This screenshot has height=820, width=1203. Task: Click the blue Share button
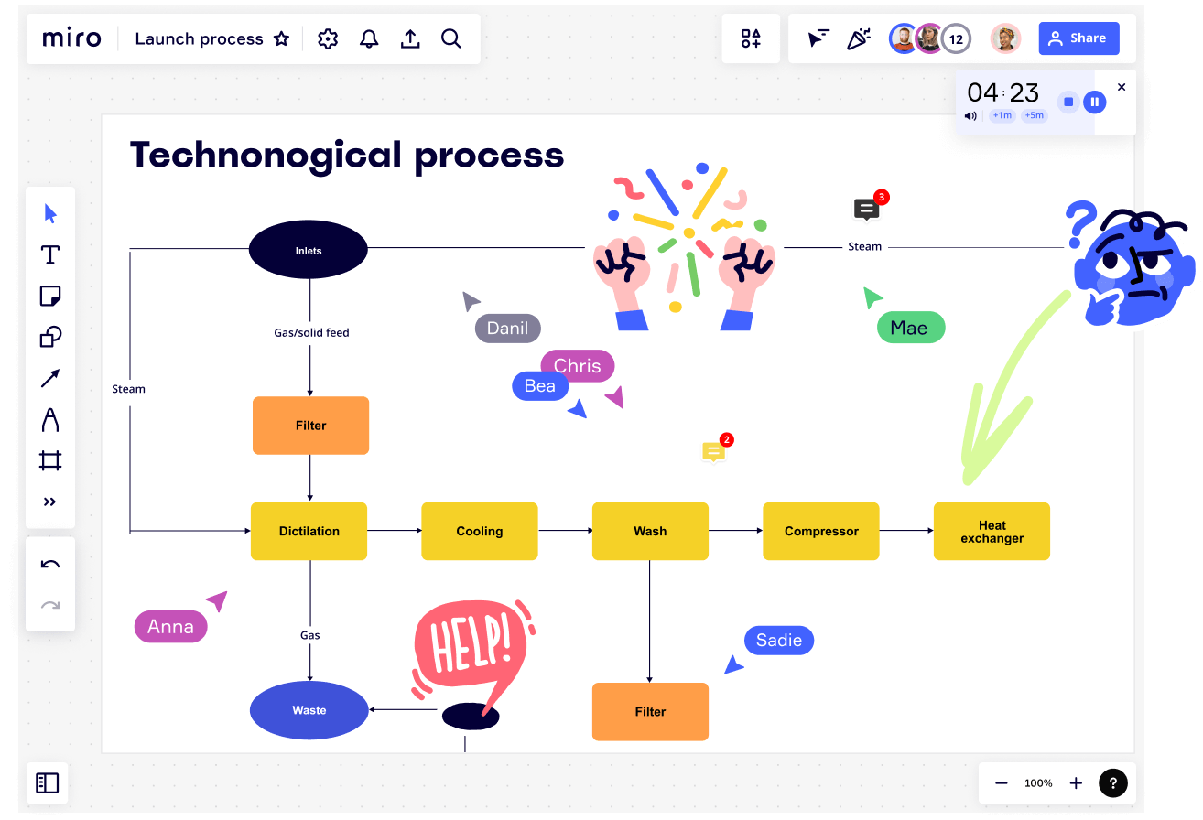coord(1078,38)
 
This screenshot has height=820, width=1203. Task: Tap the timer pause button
coord(1095,102)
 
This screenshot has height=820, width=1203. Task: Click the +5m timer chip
coord(1034,115)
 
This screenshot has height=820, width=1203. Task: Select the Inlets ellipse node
coord(309,250)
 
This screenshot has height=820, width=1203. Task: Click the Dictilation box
coord(309,531)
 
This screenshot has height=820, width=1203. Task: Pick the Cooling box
coord(480,531)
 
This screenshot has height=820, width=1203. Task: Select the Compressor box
coord(821,531)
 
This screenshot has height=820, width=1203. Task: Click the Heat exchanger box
coord(992,531)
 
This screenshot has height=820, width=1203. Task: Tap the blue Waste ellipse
coord(309,710)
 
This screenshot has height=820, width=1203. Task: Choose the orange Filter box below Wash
coord(650,711)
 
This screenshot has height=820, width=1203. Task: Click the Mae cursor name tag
coord(911,328)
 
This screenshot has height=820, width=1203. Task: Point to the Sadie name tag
coord(779,640)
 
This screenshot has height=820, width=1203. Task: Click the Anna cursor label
coord(171,627)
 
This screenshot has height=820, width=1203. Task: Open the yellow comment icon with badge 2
coord(714,451)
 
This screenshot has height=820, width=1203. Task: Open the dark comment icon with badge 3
coord(866,210)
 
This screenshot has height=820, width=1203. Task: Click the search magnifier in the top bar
coord(451,38)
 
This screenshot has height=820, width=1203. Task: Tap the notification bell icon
coord(369,38)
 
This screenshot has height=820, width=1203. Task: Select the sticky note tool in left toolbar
coord(50,296)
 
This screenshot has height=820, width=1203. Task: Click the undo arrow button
coord(50,564)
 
